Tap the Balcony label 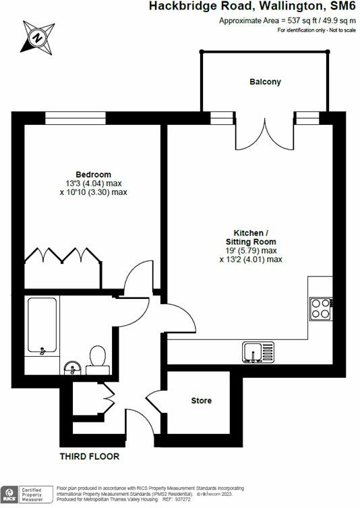pos(265,82)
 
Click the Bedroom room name pos(93,174)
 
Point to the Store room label pos(202,401)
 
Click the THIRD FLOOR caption pos(90,456)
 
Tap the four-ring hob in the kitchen pos(320,308)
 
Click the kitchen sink pos(259,351)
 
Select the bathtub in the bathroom pos(43,327)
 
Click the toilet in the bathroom pos(98,358)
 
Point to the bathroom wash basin pos(71,368)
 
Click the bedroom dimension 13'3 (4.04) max pos(93,183)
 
